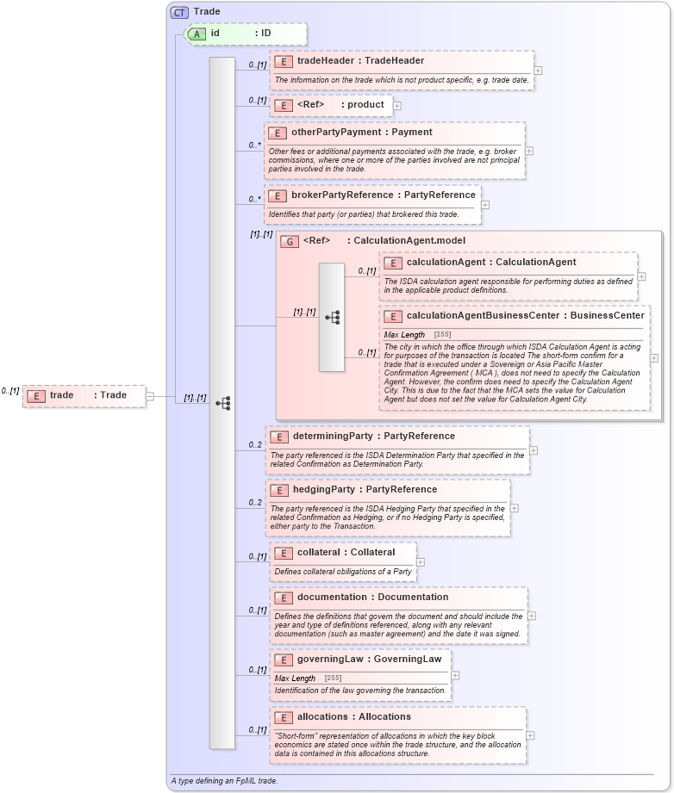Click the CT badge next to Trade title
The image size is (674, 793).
point(179,12)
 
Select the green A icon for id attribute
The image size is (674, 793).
point(197,34)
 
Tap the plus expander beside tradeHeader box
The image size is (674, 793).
point(538,71)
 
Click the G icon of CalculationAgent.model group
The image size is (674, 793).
point(290,241)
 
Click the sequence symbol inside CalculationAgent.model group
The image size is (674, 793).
point(332,318)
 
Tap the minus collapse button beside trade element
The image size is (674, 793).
point(150,396)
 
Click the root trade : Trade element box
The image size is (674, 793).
point(84,396)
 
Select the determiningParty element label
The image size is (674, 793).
point(373,437)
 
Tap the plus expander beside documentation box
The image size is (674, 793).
point(532,616)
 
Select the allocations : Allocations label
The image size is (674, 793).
point(353,716)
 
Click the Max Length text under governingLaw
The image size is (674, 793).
point(295,678)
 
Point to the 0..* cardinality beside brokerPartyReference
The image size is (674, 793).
point(254,199)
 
